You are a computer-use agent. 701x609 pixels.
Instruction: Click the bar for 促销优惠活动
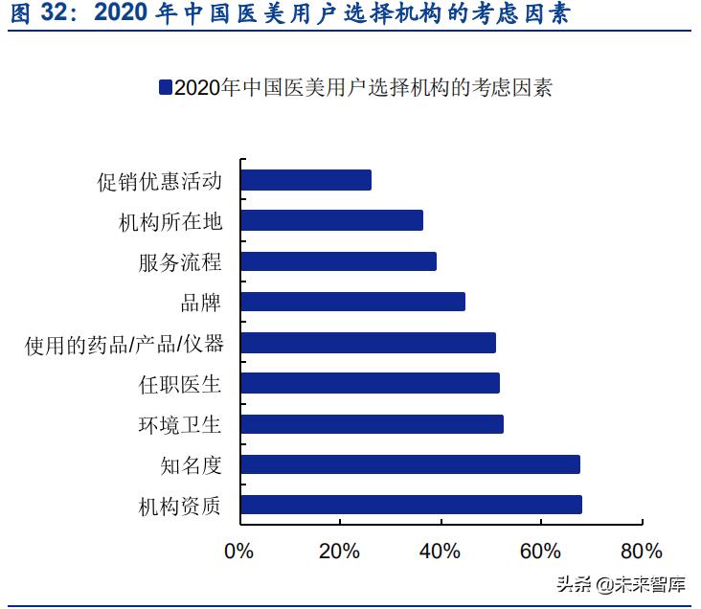point(305,180)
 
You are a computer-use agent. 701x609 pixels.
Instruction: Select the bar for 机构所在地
point(331,221)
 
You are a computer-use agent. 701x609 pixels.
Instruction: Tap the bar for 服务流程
point(338,261)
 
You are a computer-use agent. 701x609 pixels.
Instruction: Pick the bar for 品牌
point(352,303)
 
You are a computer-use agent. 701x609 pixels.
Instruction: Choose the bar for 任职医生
point(370,384)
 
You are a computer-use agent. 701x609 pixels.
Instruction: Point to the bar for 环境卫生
point(372,424)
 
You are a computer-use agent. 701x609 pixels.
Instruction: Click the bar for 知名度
point(410,465)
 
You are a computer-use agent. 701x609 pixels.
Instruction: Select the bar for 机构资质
point(411,506)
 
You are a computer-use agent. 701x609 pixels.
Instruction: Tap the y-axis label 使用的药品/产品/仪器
point(124,344)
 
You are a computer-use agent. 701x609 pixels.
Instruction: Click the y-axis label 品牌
point(201,303)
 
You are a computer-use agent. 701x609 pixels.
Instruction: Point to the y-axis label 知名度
point(191,465)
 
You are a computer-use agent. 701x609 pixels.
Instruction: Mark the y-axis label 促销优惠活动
point(160,180)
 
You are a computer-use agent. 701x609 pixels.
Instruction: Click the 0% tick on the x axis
point(238,552)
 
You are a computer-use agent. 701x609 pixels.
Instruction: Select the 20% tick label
point(339,552)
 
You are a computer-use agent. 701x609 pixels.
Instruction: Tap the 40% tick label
point(440,552)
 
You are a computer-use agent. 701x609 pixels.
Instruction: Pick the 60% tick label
point(540,552)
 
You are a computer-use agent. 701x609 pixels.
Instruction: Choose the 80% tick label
point(641,552)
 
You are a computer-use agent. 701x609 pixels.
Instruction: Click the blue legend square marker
point(166,88)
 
